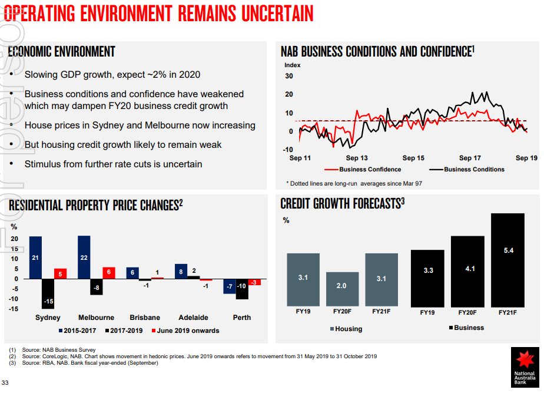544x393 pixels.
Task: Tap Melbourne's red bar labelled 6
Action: pyautogui.click(x=109, y=273)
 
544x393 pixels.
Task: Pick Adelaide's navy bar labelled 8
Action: pyautogui.click(x=181, y=271)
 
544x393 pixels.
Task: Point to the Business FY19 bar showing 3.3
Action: pyautogui.click(x=428, y=276)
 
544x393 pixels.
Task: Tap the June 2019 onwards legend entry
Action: pyautogui.click(x=185, y=331)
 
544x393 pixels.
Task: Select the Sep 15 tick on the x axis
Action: pyautogui.click(x=413, y=158)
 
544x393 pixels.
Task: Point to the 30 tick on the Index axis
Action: pyautogui.click(x=288, y=76)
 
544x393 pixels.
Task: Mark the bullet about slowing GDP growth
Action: pyautogui.click(x=112, y=75)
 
